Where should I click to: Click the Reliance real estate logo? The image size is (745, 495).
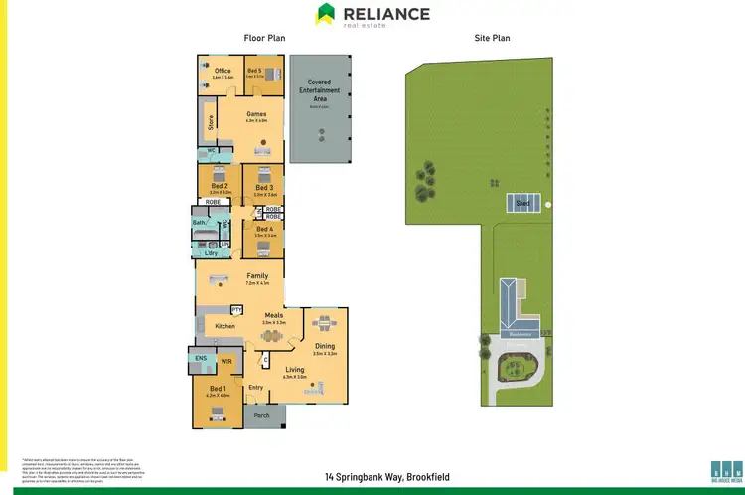point(372,15)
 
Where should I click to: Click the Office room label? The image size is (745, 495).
point(223,71)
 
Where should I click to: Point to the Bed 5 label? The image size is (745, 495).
point(254,71)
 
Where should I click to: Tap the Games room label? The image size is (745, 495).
point(256,114)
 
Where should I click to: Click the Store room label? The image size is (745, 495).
point(211,125)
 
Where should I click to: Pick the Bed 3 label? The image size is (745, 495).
point(263,187)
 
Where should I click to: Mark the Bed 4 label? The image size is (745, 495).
point(263,229)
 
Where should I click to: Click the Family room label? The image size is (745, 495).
point(257,276)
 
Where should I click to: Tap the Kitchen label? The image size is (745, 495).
point(225,326)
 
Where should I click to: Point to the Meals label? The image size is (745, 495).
point(273,316)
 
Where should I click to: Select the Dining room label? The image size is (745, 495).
point(325,346)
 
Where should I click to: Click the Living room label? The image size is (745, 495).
point(295,370)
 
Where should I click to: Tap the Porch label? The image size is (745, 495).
point(262,415)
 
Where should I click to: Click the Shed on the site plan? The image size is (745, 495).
point(522,202)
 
